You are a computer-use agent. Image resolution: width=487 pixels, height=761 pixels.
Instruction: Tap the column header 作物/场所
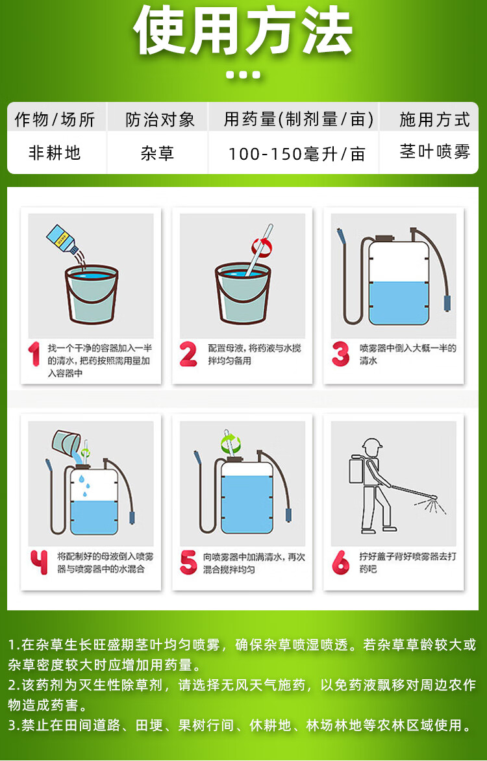point(55,119)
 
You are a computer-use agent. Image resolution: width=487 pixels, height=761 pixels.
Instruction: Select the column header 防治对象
point(160,119)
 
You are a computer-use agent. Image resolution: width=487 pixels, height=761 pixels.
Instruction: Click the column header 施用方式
point(434,119)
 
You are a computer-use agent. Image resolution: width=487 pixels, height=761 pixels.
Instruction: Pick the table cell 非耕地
point(55,153)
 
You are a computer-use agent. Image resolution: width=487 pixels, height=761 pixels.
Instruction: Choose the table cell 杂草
point(157,153)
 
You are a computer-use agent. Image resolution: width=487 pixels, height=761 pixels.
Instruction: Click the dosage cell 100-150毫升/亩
point(297,154)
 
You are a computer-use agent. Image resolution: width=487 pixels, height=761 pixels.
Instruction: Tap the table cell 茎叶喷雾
point(434,151)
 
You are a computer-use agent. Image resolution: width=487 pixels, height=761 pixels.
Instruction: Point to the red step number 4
point(39,562)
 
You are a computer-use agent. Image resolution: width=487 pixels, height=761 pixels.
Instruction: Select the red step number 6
point(340,562)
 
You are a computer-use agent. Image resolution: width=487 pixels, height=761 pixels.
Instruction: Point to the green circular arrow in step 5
point(231,443)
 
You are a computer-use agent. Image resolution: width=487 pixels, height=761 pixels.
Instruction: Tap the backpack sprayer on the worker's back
point(357,470)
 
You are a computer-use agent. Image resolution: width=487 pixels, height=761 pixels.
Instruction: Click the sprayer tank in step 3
point(399,283)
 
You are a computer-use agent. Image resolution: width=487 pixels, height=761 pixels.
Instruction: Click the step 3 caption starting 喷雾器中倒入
point(408,354)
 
